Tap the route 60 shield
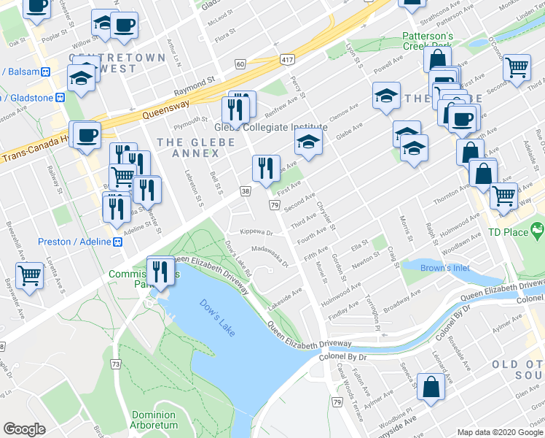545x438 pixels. click(x=240, y=64)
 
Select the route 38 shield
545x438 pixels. click(x=245, y=191)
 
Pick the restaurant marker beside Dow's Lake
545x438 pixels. click(x=161, y=272)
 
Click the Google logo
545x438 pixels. click(x=25, y=429)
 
